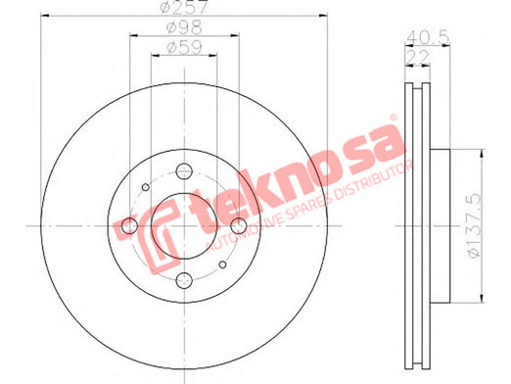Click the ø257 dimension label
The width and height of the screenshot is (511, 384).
point(184,7)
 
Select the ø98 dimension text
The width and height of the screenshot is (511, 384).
point(184,27)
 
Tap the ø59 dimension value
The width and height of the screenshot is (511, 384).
point(184,48)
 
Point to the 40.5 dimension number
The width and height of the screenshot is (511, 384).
point(428,37)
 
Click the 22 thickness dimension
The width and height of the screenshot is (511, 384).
point(418,58)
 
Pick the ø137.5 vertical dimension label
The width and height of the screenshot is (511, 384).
point(475,225)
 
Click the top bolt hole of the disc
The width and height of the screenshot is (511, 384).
point(184,171)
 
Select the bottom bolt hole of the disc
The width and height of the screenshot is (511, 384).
point(184,280)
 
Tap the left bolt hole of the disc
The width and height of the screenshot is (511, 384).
point(129,225)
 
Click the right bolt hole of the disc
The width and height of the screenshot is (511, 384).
point(239,225)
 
